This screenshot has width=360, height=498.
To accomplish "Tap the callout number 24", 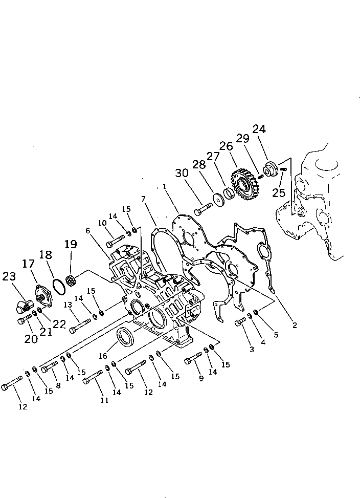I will pos(259,130).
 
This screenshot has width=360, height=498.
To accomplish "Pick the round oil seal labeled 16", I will pos(125,338).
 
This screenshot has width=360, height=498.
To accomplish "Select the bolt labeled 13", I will pos(81,324).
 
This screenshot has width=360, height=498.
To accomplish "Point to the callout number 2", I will pos(295,324).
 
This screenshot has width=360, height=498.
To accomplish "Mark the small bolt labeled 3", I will pos(240,322).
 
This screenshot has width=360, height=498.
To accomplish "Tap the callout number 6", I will pos(88,231).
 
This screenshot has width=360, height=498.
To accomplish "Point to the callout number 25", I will pos(279,192).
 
